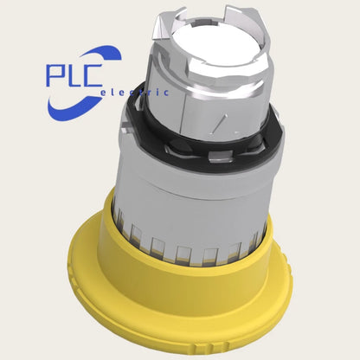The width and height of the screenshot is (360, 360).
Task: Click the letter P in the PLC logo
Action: point(55,75)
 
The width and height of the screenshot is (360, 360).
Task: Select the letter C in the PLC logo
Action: point(92,75)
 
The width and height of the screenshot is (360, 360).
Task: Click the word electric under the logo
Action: point(134,93)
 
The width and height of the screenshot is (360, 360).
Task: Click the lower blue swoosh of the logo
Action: point(72,110)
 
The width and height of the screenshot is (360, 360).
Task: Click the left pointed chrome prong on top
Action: point(167,25)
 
